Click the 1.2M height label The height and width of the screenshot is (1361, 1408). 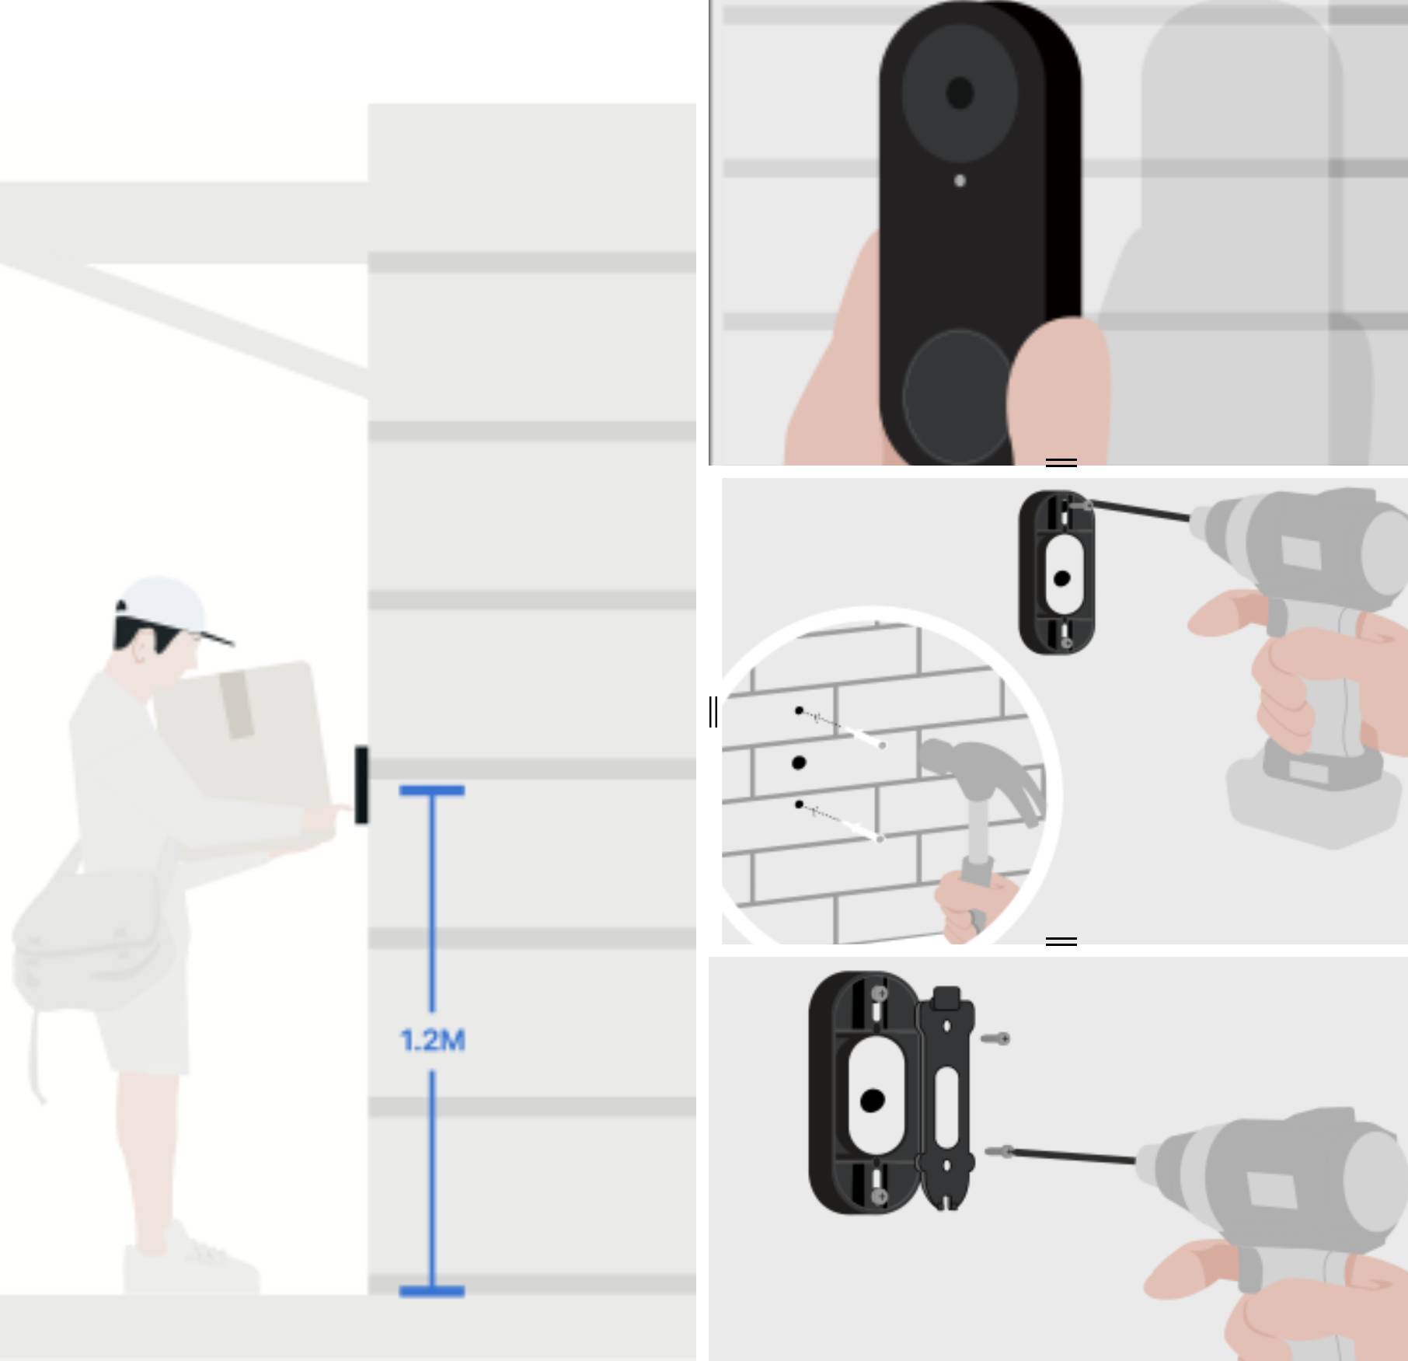click(x=432, y=1040)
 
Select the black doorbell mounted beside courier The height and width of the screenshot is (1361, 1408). click(x=361, y=784)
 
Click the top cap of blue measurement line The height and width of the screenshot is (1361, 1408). click(x=432, y=790)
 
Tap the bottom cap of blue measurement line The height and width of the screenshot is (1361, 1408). click(x=432, y=1291)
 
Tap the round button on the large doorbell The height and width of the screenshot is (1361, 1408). click(x=957, y=396)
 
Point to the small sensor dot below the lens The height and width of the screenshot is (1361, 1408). click(x=960, y=181)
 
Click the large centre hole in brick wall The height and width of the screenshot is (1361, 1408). click(x=798, y=763)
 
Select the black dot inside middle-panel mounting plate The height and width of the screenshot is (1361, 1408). click(x=1061, y=578)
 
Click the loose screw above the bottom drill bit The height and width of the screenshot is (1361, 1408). click(x=996, y=1038)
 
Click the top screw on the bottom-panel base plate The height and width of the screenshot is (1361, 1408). click(x=880, y=994)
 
